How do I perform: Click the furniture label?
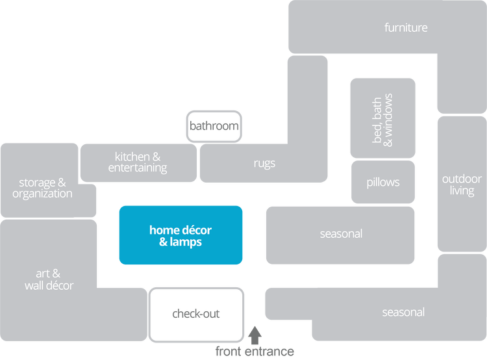pyautogui.click(x=406, y=28)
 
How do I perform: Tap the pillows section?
pyautogui.click(x=383, y=182)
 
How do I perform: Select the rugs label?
pyautogui.click(x=265, y=164)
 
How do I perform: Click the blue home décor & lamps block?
pyautogui.click(x=181, y=235)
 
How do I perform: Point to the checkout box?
pyautogui.click(x=196, y=315)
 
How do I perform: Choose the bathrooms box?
pyautogui.click(x=214, y=125)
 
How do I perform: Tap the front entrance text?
pyautogui.click(x=255, y=352)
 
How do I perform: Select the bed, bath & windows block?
pyautogui.click(x=383, y=118)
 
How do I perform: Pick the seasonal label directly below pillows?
pyautogui.click(x=341, y=234)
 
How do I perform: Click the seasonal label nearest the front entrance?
pyautogui.click(x=403, y=313)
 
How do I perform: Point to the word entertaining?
pyautogui.click(x=138, y=168)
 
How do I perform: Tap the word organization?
pyautogui.click(x=42, y=194)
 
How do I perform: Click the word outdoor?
pyautogui.click(x=462, y=179)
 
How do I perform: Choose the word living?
pyautogui.click(x=462, y=191)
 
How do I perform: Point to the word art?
pyautogui.click(x=44, y=274)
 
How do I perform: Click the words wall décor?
pyautogui.click(x=49, y=285)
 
